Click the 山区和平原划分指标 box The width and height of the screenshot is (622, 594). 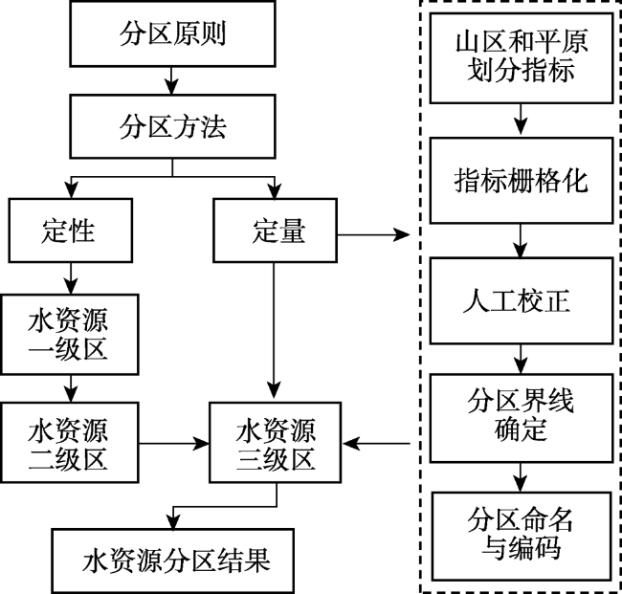click(x=521, y=59)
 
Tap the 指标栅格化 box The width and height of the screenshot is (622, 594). click(x=521, y=181)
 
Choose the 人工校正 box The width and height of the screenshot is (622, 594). click(x=521, y=301)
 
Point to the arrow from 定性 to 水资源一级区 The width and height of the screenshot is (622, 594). click(x=69, y=278)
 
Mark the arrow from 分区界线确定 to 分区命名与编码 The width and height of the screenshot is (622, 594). click(x=521, y=473)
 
